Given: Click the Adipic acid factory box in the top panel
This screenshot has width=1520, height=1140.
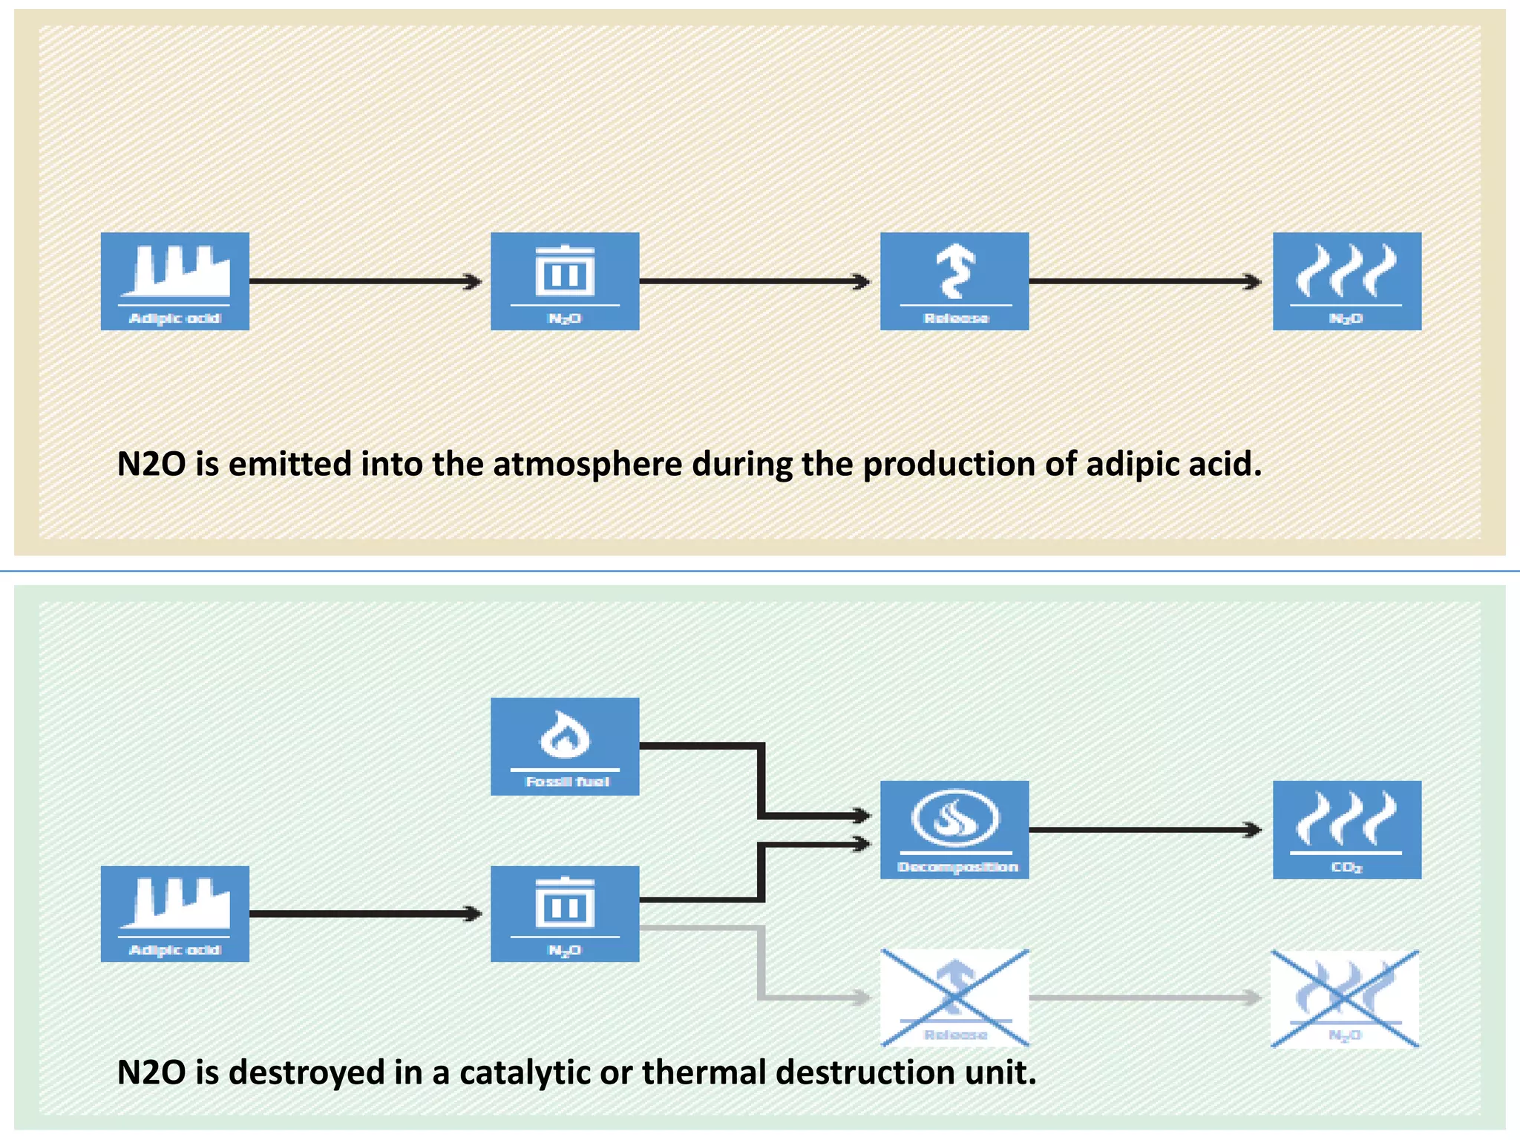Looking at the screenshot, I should (175, 281).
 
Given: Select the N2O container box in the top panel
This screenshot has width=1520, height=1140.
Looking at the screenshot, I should (565, 281).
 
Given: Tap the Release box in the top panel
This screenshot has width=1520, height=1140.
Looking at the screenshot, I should (954, 281).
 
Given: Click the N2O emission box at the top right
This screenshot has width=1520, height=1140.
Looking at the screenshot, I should (1347, 281).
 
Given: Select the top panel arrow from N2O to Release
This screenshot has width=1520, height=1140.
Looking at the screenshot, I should (754, 281).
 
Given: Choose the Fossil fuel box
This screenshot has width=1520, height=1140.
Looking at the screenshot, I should (565, 746).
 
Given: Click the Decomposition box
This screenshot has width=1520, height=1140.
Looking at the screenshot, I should (954, 829).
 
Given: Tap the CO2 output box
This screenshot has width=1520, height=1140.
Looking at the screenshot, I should (1347, 829).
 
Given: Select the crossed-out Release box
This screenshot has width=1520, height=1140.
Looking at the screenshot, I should (954, 997).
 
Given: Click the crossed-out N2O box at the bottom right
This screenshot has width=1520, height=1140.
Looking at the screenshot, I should (1345, 998).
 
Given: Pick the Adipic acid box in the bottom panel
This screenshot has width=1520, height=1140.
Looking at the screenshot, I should (175, 914).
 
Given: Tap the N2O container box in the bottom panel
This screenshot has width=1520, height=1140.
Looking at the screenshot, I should (565, 914).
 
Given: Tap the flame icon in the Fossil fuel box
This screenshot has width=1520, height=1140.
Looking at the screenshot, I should (565, 734).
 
